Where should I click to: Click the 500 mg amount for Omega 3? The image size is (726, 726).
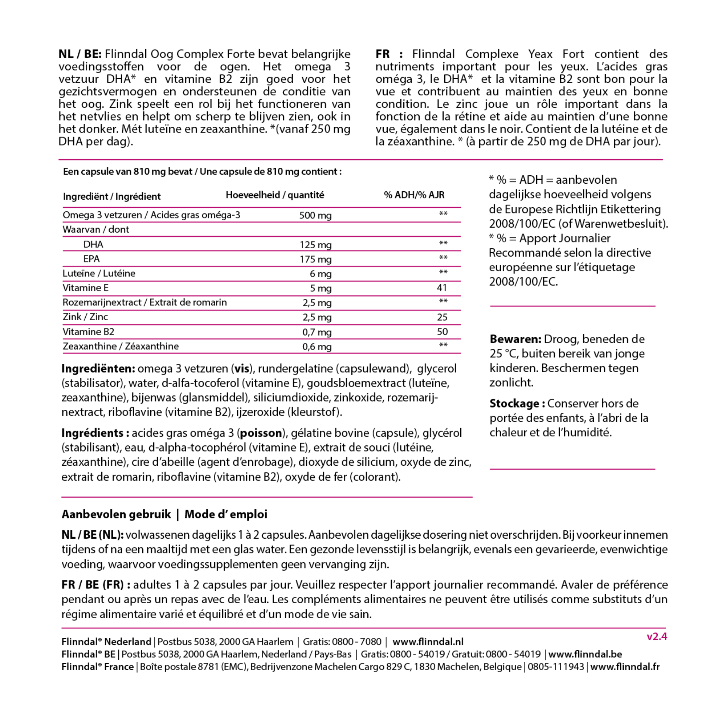(x=315, y=215)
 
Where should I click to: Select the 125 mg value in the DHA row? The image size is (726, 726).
(x=315, y=245)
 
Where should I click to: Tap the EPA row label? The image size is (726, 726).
(x=92, y=259)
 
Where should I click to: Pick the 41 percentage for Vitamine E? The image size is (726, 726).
(x=442, y=288)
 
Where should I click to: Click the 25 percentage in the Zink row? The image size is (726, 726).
(x=442, y=317)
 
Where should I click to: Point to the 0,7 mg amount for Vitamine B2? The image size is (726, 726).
(x=317, y=332)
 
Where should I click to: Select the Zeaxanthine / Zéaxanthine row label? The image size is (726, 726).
(x=121, y=346)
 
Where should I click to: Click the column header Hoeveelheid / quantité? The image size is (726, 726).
(x=275, y=195)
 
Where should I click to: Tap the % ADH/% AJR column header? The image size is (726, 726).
(x=414, y=195)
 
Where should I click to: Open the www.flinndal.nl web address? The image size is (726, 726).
(x=428, y=642)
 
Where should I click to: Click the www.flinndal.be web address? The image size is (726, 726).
(x=585, y=654)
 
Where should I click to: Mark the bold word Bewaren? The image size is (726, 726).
(x=515, y=339)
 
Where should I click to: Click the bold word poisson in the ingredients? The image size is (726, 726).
(x=261, y=433)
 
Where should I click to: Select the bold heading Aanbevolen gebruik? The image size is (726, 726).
(x=116, y=514)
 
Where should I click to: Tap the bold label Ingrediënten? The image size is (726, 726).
(x=98, y=368)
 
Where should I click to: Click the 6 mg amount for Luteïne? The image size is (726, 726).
(x=321, y=274)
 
